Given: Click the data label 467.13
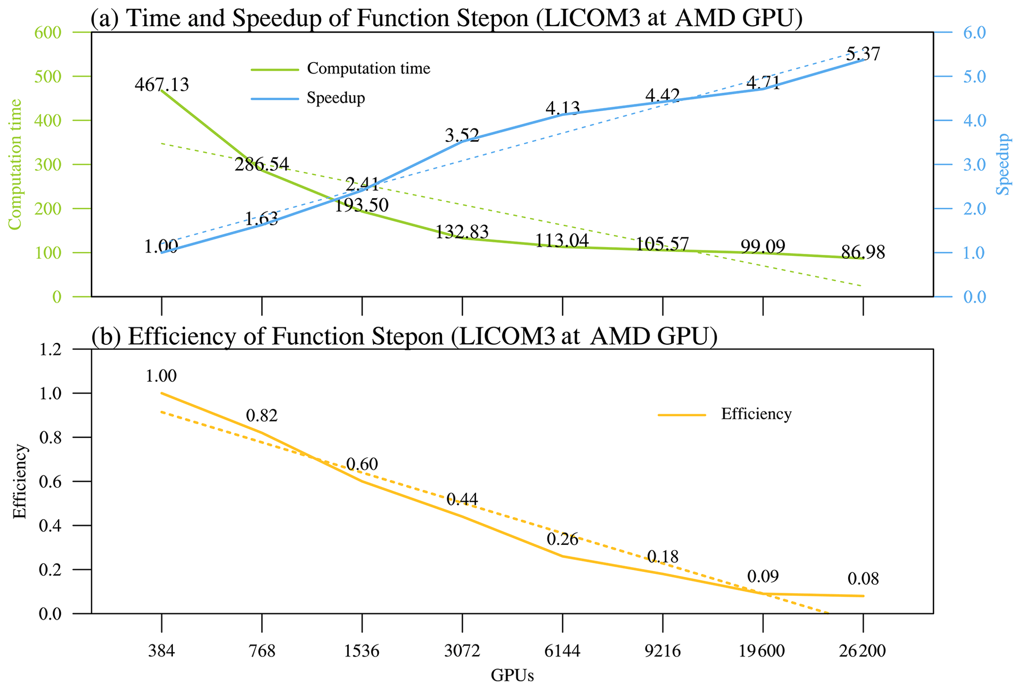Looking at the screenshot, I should (162, 84).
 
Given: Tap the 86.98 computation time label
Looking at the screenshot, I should (863, 253).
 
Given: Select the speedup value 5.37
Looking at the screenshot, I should (863, 54).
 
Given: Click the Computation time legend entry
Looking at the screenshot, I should (368, 68).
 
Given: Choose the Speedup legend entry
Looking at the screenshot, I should (335, 98).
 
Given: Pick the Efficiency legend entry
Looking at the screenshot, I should (756, 414).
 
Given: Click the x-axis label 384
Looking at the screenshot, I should (162, 651).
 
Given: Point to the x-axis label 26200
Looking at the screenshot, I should (862, 651).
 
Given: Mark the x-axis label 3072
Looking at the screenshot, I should (462, 651).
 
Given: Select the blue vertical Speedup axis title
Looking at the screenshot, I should (1002, 164).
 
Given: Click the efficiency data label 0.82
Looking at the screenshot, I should (262, 416).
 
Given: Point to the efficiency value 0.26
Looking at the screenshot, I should (562, 540).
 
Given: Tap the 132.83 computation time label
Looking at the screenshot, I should (462, 231).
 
